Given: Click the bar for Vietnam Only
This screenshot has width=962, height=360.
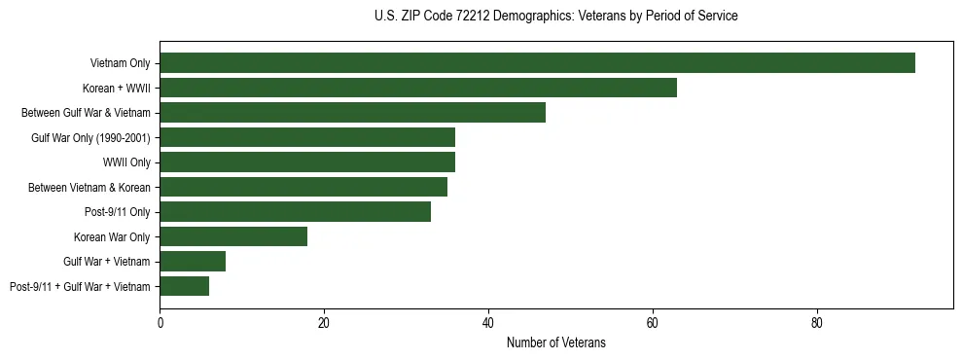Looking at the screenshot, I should point(537,63).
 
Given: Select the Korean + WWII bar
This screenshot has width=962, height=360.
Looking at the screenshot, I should point(418,88).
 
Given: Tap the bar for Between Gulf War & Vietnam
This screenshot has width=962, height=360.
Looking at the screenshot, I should point(352,113).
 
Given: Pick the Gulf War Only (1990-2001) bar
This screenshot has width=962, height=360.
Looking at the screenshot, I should point(307,137).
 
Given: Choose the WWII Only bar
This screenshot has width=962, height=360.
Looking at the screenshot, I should point(307,162).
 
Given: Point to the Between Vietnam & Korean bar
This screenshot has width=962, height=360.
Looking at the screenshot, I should point(303,187).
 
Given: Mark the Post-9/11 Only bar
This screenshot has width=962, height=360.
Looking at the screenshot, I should point(295,211).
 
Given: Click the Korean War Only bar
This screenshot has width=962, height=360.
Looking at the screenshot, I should point(233,236).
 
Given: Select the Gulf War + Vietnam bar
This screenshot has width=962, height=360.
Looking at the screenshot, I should point(193,261).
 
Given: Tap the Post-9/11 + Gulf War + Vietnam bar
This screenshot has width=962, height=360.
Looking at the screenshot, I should point(184,286).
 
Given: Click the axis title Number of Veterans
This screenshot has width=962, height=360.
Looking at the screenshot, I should point(556,342).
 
